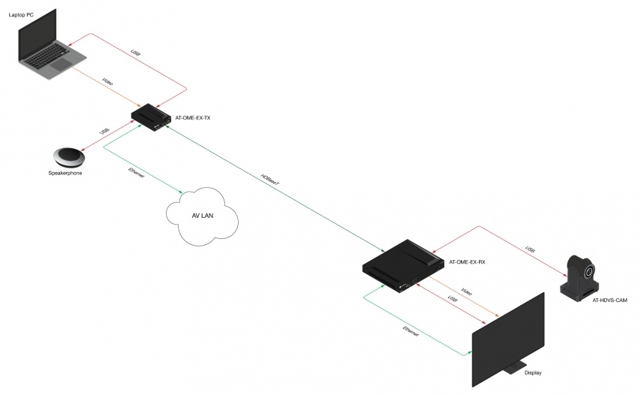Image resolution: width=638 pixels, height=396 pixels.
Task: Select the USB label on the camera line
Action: click(x=530, y=249)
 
